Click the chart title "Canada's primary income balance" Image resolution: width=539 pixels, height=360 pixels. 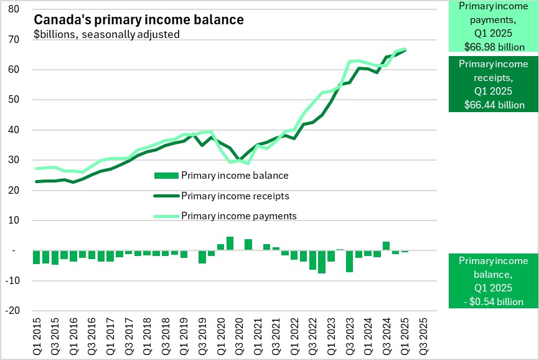click(138, 20)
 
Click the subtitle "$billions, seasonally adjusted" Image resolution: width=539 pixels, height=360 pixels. click(106, 34)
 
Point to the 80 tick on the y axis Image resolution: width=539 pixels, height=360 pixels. click(14, 10)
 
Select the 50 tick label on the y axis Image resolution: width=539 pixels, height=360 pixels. click(14, 100)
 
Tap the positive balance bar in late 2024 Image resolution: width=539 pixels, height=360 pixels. click(386, 246)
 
